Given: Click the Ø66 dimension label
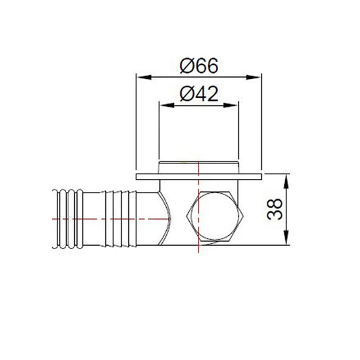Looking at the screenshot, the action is (199, 66).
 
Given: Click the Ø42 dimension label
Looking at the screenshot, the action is (199, 94).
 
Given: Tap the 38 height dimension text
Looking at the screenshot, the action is (275, 209).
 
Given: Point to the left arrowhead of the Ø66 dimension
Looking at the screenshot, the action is (144, 77).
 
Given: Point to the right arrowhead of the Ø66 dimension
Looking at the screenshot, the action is (254, 77).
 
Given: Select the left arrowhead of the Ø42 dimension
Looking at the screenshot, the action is (167, 105).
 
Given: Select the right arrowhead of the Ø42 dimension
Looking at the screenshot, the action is (231, 105).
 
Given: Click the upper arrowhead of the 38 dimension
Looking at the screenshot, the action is (286, 182).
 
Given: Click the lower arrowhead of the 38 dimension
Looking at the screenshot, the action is (286, 238).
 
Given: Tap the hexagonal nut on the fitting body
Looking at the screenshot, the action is (215, 216).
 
